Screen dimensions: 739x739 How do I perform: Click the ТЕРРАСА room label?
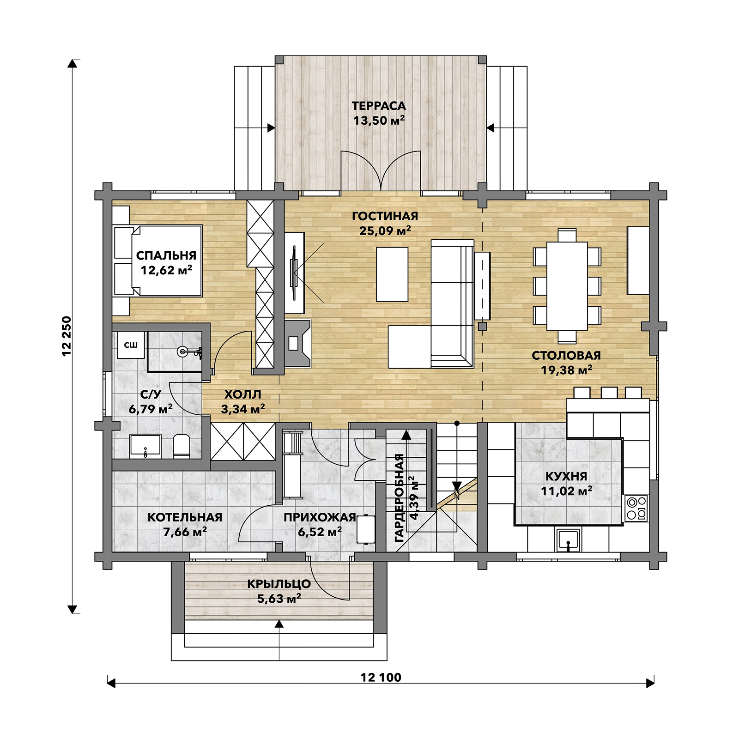pos(379,106)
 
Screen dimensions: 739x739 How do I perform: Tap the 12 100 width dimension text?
pos(381,678)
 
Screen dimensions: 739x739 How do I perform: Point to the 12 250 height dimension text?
pos(67,336)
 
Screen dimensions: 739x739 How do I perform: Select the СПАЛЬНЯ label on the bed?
pos(166,255)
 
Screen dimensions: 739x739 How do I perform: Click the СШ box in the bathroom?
pos(131,345)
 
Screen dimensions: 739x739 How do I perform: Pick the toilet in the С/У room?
pos(182,446)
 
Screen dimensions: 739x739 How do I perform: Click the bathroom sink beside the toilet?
pos(145,446)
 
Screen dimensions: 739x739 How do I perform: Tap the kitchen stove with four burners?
pos(636,508)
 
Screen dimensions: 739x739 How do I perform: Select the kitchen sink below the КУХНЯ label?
pos(569,540)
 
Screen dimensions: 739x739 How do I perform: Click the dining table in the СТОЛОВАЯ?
pos(567,286)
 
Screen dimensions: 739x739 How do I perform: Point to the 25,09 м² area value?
pos(385,230)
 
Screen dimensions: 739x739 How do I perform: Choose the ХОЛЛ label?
pos(243,394)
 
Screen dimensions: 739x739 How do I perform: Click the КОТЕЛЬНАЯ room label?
pos(185,517)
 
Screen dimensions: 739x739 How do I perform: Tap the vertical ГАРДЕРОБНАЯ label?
pos(400,498)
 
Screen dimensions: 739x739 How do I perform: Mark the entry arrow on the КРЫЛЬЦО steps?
pos(279,640)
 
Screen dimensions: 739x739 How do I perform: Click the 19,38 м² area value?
pos(567,370)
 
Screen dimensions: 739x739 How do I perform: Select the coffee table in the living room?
pos(392,274)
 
